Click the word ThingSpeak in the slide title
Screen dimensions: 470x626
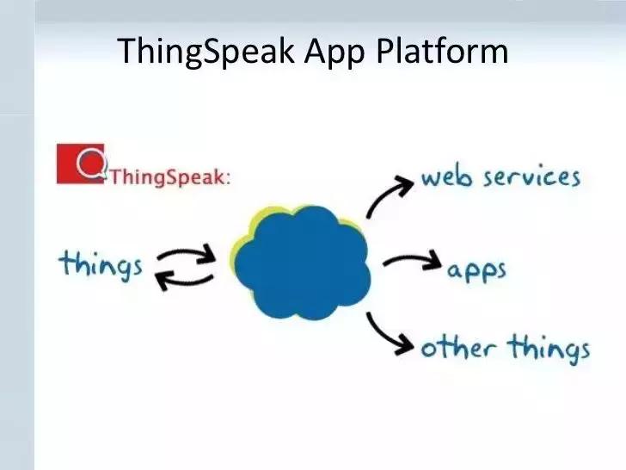coord(206,51)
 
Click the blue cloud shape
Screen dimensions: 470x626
coord(301,263)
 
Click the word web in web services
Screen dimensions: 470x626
coord(445,178)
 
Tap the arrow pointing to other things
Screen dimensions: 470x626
coord(390,334)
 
